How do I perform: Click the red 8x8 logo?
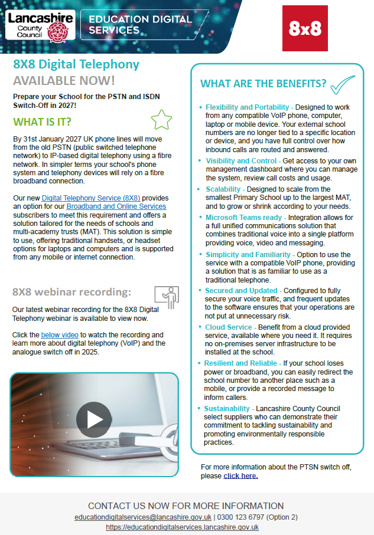point(305,28)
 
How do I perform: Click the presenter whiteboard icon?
point(166,297)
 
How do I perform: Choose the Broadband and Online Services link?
point(116,206)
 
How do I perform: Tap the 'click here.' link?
point(240,475)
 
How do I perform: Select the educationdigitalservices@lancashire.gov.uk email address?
point(139,517)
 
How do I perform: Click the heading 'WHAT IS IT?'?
point(42,122)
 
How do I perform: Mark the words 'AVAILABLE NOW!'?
point(64,80)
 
